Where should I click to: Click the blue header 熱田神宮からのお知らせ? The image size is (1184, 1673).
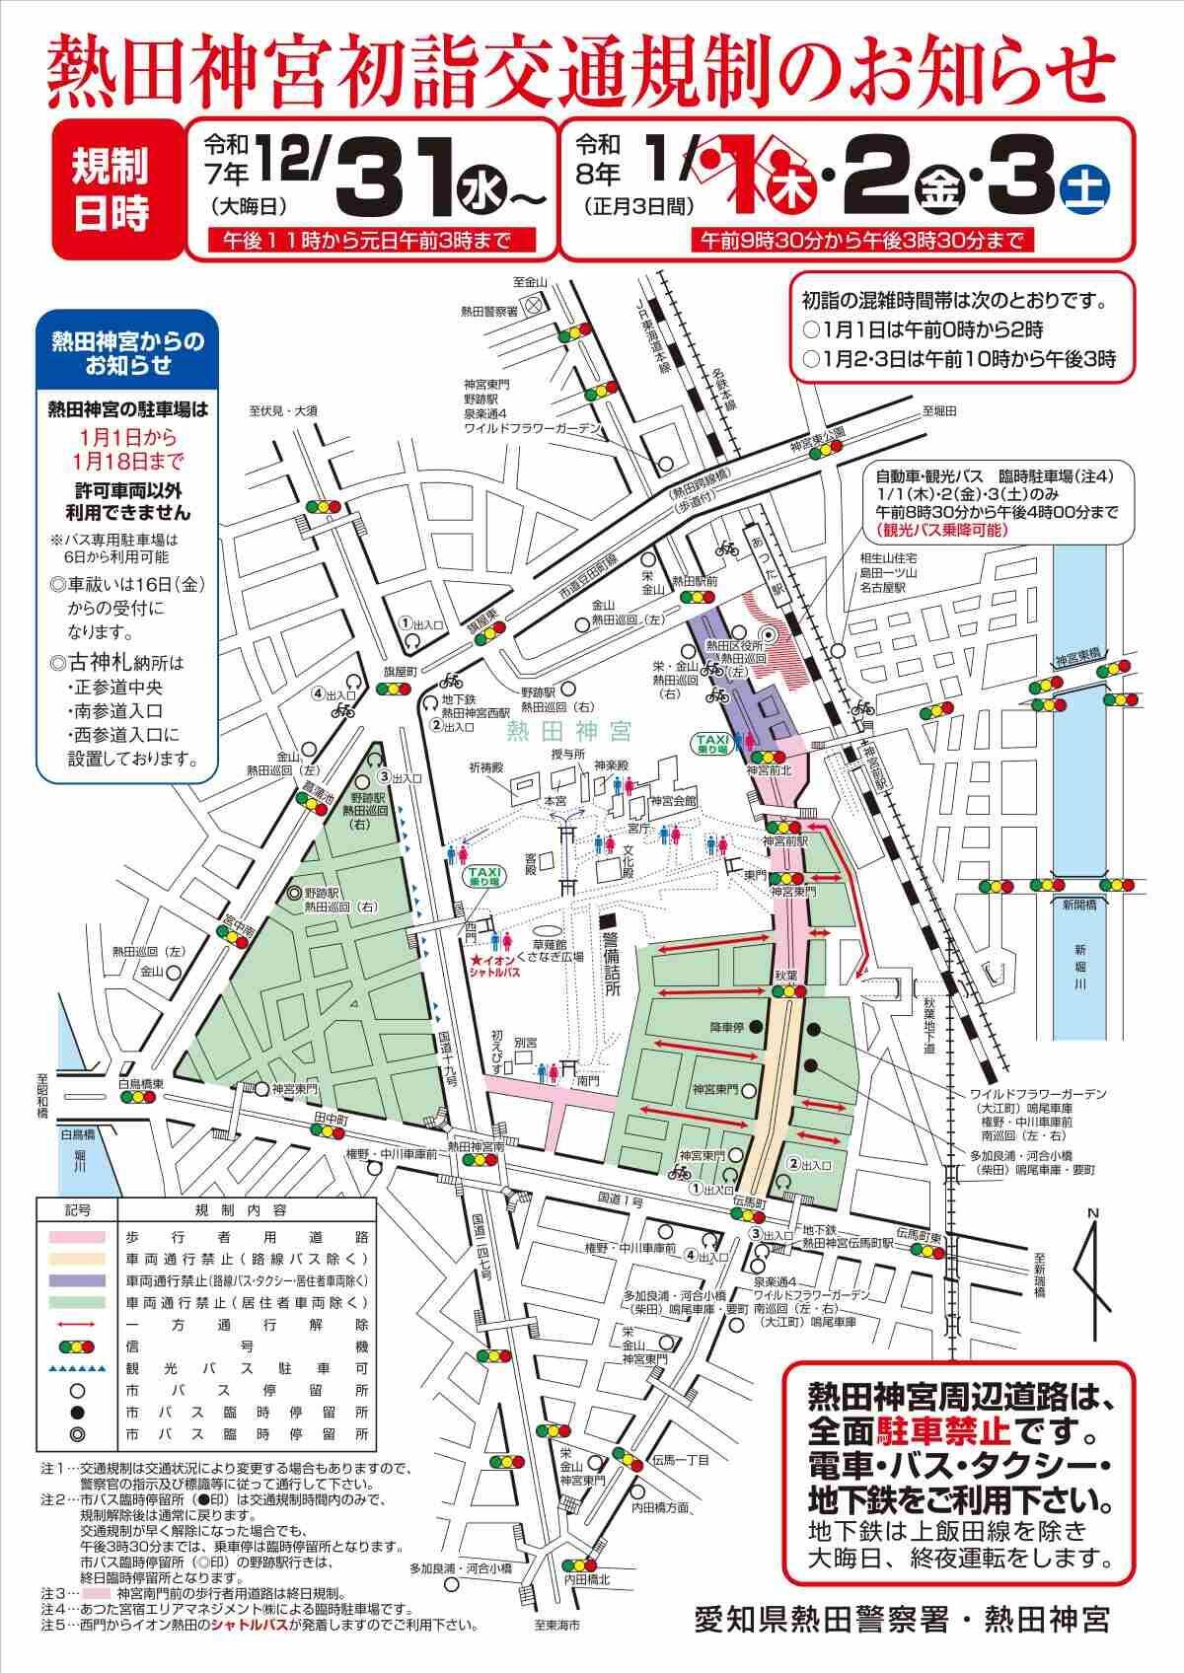(x=127, y=353)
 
